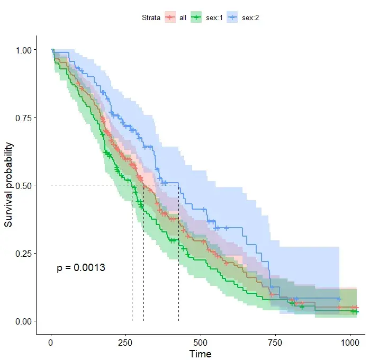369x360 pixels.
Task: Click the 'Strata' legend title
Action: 151,18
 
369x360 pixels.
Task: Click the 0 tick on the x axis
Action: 51,343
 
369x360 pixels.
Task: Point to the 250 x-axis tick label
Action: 125,343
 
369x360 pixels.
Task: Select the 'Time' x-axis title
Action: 201,354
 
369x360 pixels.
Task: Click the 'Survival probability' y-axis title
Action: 9,185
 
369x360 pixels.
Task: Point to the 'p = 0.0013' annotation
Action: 81,268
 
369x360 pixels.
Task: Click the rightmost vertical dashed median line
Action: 178,254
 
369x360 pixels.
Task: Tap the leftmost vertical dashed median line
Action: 132,254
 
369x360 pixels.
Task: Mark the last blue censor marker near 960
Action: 339,299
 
